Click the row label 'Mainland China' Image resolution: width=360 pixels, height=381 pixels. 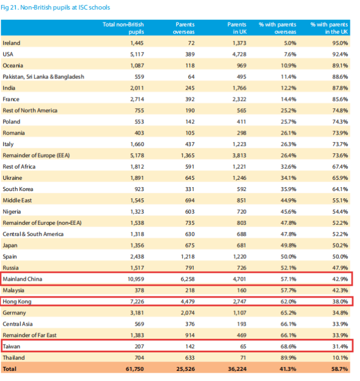click(23, 279)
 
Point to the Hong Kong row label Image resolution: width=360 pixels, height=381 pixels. click(17, 302)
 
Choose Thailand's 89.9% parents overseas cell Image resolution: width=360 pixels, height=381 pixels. click(287, 358)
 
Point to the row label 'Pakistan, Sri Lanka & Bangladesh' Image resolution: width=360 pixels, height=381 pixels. click(43, 77)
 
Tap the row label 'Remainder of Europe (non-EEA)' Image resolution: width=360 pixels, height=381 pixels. click(42, 223)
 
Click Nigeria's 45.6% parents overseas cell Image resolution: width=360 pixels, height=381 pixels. click(287, 211)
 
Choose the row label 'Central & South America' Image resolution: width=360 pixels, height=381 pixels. click(33, 234)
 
